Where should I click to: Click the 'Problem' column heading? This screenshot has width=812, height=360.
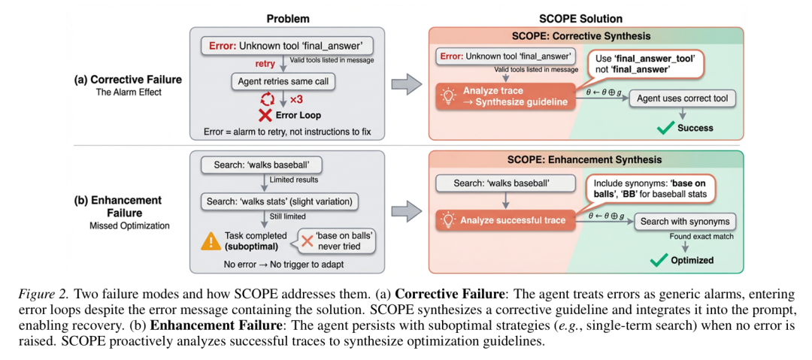288,18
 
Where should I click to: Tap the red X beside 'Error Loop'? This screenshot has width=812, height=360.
265,115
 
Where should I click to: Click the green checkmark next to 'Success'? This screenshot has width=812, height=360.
665,128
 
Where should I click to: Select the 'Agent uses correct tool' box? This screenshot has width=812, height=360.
682,98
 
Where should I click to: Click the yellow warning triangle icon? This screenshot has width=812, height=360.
210,241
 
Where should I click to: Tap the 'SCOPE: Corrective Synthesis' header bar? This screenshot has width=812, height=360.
586,36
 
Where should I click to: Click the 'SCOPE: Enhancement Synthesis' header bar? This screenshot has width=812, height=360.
586,159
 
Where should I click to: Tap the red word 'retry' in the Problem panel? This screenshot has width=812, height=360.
265,63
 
